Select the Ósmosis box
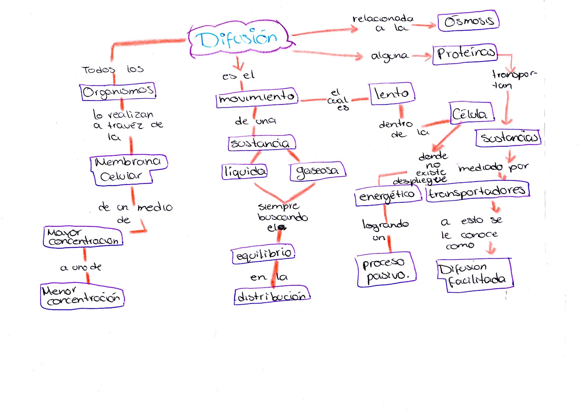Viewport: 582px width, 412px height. pyautogui.click(x=469, y=21)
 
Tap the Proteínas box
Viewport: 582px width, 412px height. pyautogui.click(x=465, y=54)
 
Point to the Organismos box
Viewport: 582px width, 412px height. pyautogui.click(x=118, y=91)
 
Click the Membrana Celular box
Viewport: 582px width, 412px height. pyautogui.click(x=129, y=170)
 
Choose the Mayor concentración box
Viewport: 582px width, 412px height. pyautogui.click(x=83, y=237)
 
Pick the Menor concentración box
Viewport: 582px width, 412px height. pyautogui.click(x=82, y=296)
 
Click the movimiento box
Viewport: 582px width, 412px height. pyautogui.click(x=257, y=98)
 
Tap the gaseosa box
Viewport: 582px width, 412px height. pyautogui.click(x=318, y=171)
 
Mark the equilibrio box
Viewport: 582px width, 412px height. pyautogui.click(x=263, y=254)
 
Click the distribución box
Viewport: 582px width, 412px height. pyautogui.click(x=272, y=296)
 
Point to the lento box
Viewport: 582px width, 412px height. pyautogui.click(x=391, y=94)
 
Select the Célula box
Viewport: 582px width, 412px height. pyautogui.click(x=472, y=113)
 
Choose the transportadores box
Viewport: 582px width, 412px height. pyautogui.click(x=478, y=191)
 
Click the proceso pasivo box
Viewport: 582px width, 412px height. pyautogui.click(x=386, y=269)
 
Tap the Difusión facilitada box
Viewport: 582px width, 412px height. pyautogui.click(x=475, y=275)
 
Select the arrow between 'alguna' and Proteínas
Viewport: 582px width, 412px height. pyautogui.click(x=422, y=56)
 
